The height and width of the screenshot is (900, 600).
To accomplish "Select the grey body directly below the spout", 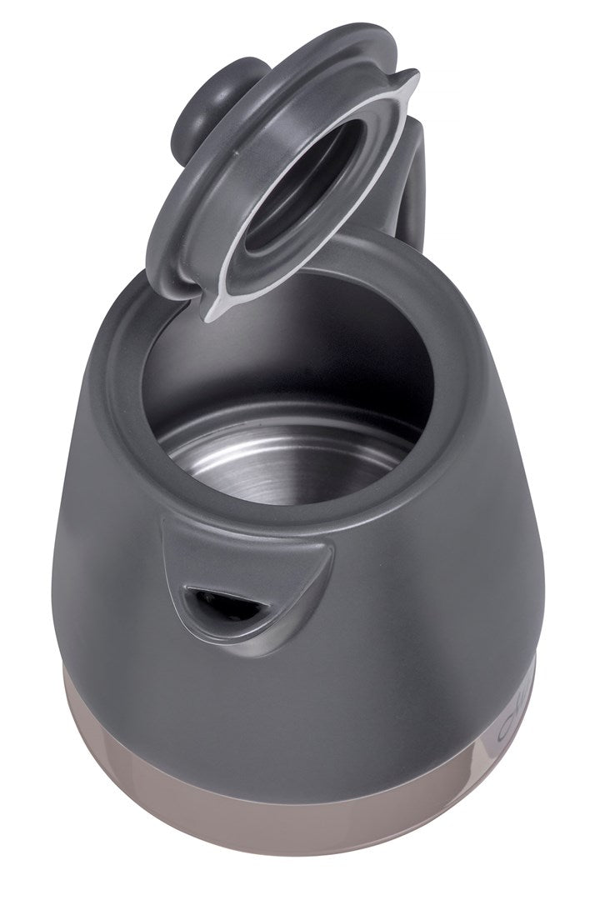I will [242, 692].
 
